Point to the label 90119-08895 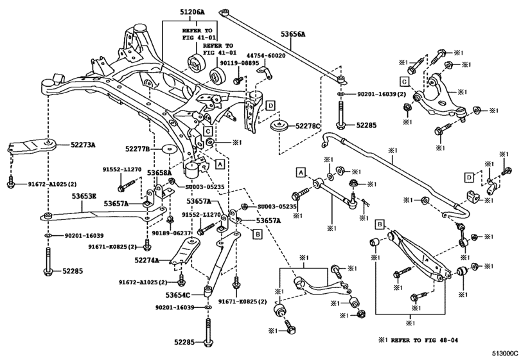(x=240, y=64)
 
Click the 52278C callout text (x=306, y=127)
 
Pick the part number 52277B (x=137, y=149)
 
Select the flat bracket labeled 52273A (x=29, y=147)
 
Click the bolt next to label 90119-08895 (x=236, y=80)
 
